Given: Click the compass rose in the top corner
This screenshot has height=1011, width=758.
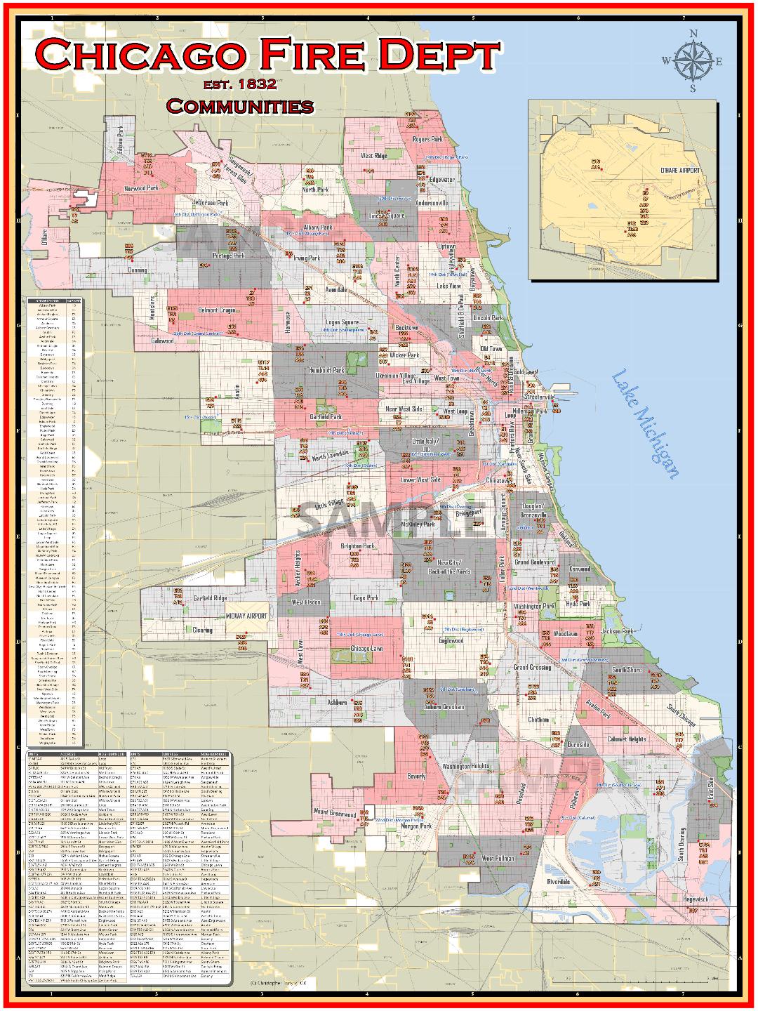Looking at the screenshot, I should click(692, 61).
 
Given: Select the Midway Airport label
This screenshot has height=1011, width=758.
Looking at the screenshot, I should click(246, 616).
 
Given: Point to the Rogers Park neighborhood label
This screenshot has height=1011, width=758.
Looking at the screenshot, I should click(427, 140).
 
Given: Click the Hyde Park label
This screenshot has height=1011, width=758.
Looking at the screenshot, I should click(578, 604).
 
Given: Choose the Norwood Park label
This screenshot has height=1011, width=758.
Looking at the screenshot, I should click(142, 188).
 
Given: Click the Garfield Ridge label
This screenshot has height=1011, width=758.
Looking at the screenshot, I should click(210, 598).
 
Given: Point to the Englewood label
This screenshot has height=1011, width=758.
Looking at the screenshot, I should click(451, 640).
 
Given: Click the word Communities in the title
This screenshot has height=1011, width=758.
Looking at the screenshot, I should click(239, 107).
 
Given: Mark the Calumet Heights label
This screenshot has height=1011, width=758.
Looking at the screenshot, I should click(626, 739).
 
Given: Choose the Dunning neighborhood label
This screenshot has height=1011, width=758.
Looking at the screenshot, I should click(138, 270).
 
